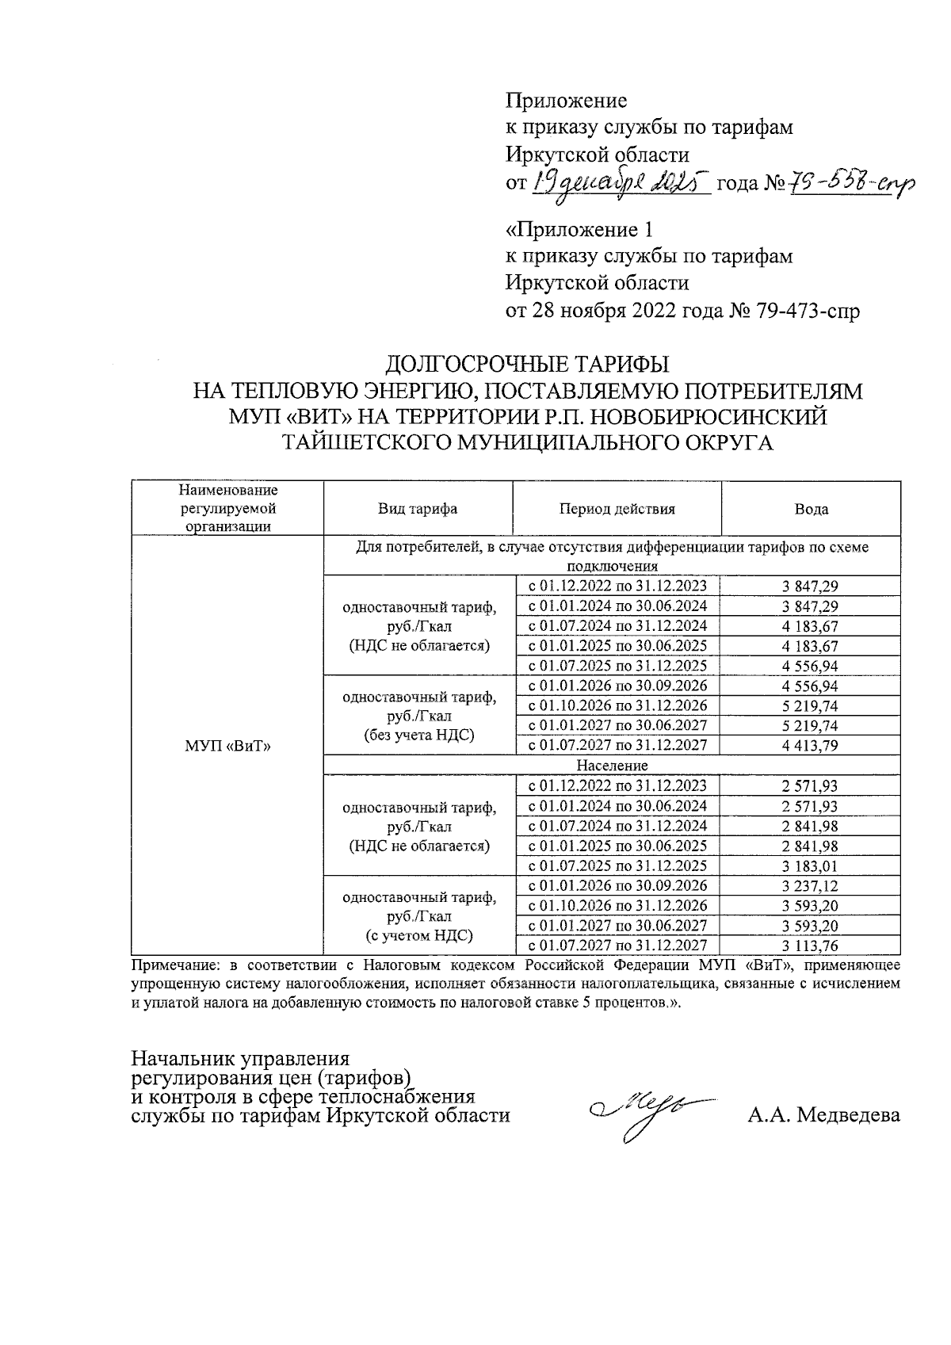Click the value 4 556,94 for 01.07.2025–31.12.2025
coord(810,666)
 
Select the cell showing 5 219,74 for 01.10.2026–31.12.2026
coord(810,705)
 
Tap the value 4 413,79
coord(810,745)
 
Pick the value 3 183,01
coord(810,866)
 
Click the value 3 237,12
coord(810,886)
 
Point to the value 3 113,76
coord(810,946)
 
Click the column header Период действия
coord(617,509)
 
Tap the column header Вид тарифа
coord(418,509)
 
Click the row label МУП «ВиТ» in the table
coord(227,746)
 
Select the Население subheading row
coord(612,766)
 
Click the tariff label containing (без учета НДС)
coord(419,735)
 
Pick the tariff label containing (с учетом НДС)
coord(419,935)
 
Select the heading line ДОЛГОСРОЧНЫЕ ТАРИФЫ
coord(527,365)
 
